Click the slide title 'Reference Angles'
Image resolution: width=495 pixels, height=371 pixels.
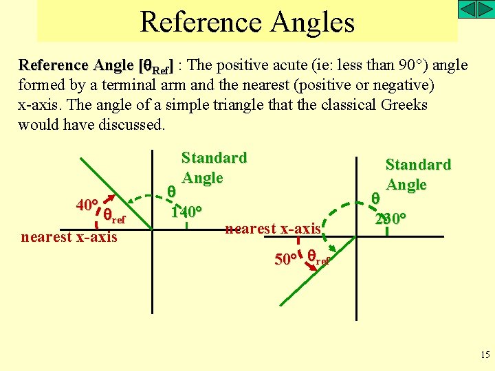(x=247, y=22)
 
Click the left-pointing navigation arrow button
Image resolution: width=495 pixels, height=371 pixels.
(x=467, y=10)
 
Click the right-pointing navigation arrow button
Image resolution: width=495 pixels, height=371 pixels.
(x=485, y=10)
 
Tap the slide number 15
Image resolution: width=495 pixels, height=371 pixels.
(x=483, y=354)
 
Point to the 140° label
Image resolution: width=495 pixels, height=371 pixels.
(x=185, y=212)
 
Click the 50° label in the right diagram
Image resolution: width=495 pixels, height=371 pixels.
(x=285, y=260)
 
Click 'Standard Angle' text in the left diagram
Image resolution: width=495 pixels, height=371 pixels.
(x=213, y=167)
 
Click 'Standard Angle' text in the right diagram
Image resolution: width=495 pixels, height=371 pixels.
(x=417, y=174)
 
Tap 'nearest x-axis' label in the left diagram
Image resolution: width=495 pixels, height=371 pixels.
(x=69, y=237)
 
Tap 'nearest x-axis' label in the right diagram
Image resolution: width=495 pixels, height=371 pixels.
(x=273, y=228)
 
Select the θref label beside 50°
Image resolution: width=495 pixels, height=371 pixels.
(x=318, y=258)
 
